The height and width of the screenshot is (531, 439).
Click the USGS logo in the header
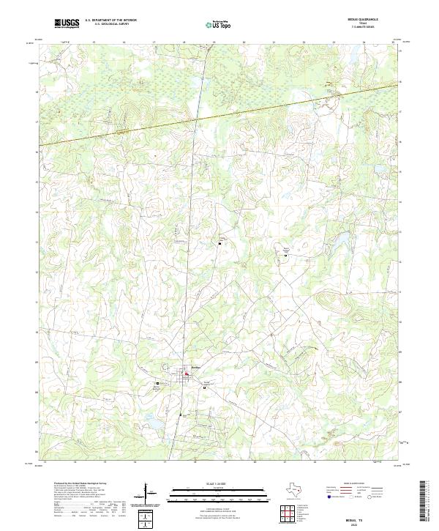pyautogui.click(x=67, y=24)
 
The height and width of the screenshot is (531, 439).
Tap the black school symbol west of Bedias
pyautogui.click(x=157, y=382)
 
